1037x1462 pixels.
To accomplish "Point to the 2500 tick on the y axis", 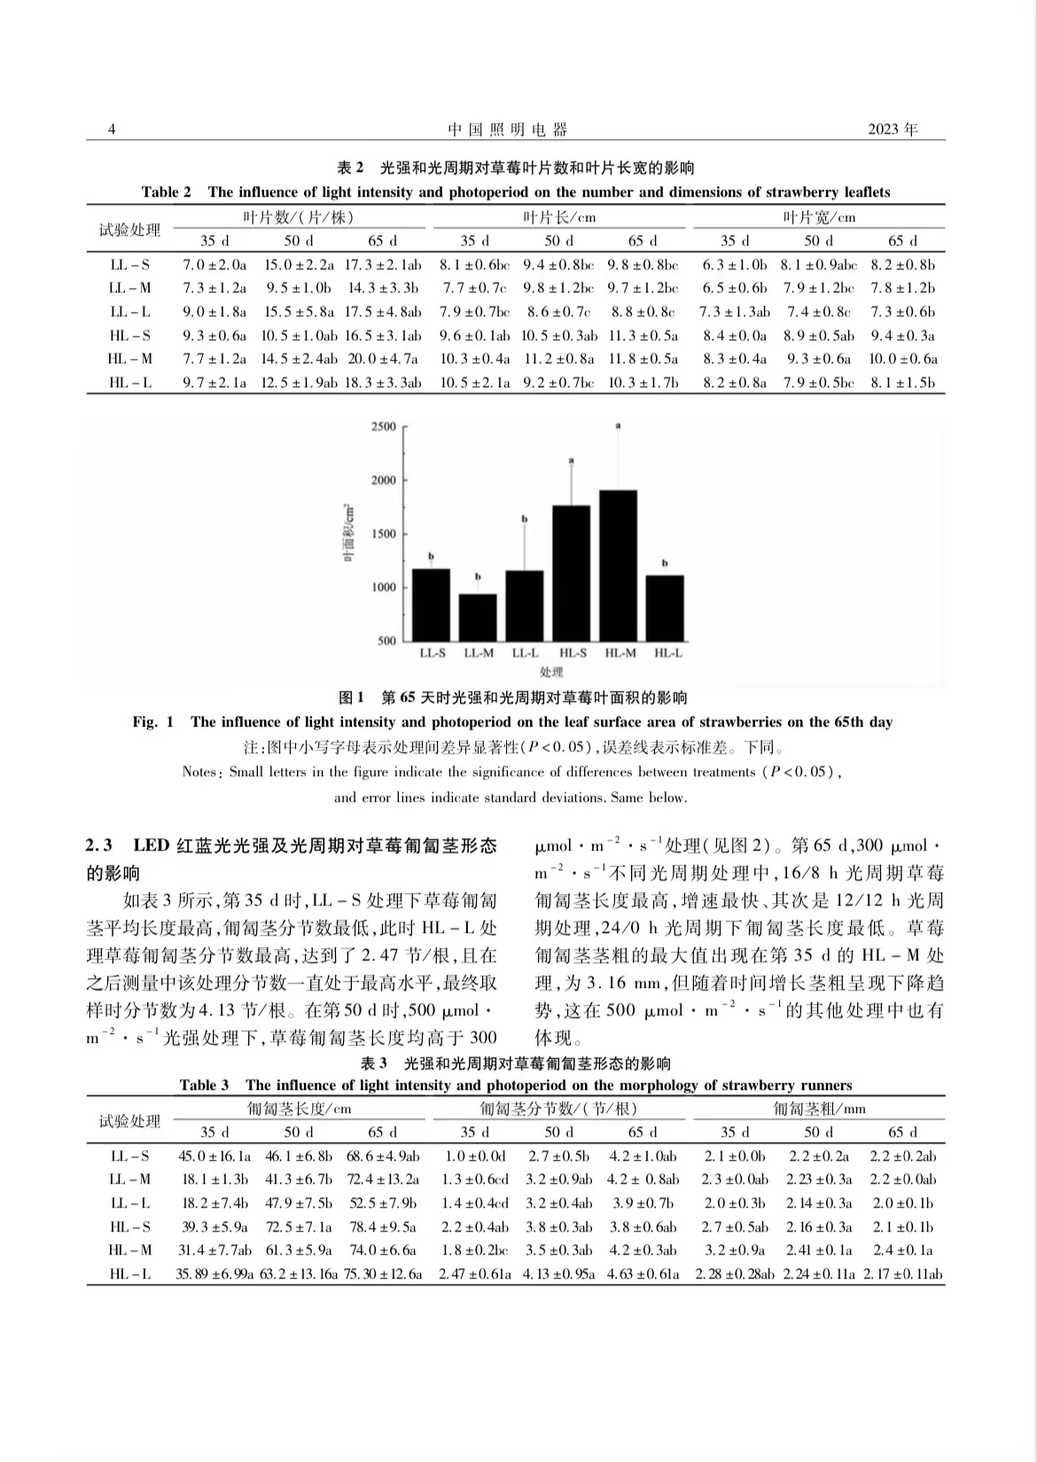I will tap(383, 427).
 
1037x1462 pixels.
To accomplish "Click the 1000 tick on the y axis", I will tap(383, 587).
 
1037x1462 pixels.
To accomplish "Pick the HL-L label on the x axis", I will tap(668, 654).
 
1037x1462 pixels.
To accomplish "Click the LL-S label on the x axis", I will tap(432, 654).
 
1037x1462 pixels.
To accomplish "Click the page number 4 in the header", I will tap(112, 130).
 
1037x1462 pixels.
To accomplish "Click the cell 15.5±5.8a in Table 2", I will tap(298, 312).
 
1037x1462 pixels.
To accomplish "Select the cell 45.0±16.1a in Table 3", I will tap(214, 1156).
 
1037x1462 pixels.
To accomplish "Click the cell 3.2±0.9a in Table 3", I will tap(733, 1251).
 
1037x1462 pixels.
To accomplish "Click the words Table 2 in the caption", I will tap(166, 192).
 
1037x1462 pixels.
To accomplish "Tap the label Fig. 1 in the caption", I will tap(153, 722).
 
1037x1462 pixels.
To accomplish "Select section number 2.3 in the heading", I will tap(101, 845).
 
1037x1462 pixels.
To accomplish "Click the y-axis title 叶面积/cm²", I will tap(350, 532).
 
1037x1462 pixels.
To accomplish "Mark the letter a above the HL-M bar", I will tap(619, 426).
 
